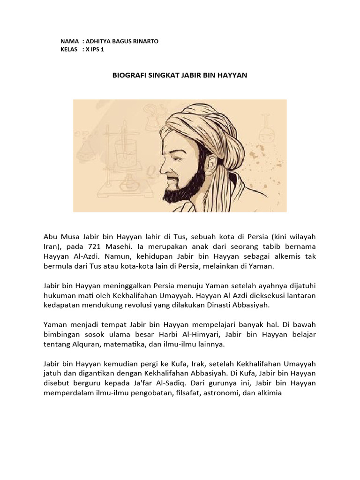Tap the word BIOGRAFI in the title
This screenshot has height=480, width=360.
129,75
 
